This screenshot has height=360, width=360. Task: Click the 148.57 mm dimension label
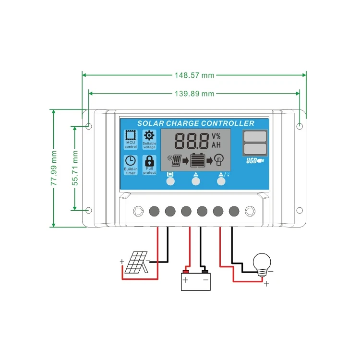(x=194, y=75)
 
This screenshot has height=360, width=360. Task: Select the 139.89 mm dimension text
(x=194, y=94)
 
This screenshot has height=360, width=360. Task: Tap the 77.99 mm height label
(x=54, y=168)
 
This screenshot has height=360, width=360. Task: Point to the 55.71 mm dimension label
(x=75, y=168)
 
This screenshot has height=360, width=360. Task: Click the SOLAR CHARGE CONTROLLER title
(x=196, y=123)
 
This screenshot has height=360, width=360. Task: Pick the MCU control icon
(x=131, y=136)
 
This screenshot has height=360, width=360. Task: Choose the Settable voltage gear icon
(x=150, y=136)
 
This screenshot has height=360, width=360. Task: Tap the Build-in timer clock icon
(x=131, y=162)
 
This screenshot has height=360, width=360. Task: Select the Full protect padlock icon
(x=150, y=161)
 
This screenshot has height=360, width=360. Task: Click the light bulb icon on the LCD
(x=219, y=159)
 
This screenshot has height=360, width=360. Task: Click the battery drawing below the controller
(x=195, y=281)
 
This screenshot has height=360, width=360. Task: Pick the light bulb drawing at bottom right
(x=262, y=264)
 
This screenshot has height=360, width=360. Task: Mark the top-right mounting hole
(x=300, y=126)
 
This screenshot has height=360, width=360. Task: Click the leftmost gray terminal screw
(x=155, y=211)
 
